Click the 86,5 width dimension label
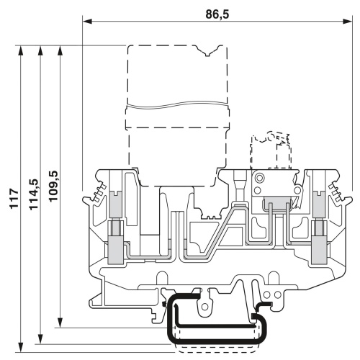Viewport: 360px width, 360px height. (217, 14)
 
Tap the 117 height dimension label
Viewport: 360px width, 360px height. (14, 199)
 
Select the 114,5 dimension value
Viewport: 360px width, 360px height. (34, 194)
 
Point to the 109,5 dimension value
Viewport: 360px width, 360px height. (53, 186)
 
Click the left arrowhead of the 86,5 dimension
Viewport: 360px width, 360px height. (87, 22)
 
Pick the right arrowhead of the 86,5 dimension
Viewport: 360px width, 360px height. (347, 22)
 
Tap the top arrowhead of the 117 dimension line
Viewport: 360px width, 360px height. (21, 50)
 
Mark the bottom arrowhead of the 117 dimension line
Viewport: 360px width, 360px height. (21, 347)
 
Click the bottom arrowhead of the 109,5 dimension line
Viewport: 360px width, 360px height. (60, 323)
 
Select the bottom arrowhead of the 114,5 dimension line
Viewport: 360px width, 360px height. (40, 339)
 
